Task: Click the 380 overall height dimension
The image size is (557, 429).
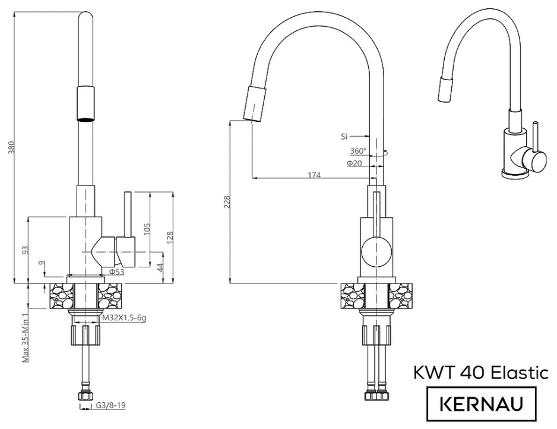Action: tap(12, 147)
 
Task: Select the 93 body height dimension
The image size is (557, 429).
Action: tap(25, 250)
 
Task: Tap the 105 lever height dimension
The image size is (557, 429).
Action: tap(147, 229)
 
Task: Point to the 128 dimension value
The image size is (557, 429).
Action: tap(170, 238)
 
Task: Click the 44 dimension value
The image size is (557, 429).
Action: tap(160, 267)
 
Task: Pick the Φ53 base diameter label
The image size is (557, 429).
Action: tap(116, 272)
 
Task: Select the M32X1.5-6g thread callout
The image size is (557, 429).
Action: tap(124, 318)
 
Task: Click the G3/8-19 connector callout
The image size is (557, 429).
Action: tap(111, 405)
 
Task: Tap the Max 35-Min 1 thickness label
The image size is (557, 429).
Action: tap(26, 336)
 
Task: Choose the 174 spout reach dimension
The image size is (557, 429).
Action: tap(314, 175)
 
